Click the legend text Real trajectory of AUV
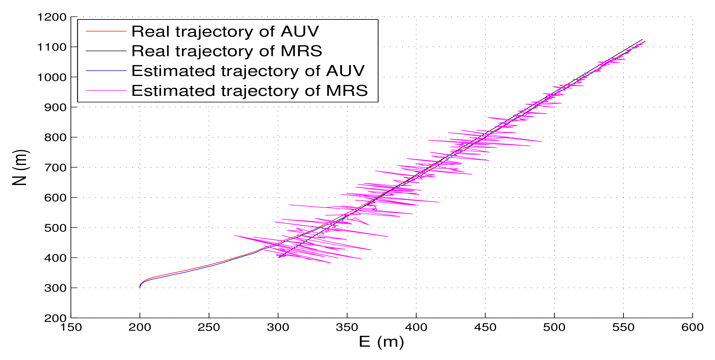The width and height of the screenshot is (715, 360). point(225,31)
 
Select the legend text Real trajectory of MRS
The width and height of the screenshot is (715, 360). point(227,51)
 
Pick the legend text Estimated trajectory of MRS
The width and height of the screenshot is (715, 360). point(249,91)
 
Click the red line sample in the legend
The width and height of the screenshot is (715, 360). point(106,31)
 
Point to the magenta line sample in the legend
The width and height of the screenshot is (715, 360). point(106,91)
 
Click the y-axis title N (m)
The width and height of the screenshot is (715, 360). point(20,167)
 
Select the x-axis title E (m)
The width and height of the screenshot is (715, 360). point(381,341)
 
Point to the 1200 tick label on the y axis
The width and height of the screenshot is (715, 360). point(52,17)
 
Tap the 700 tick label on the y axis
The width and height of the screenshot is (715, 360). point(55,168)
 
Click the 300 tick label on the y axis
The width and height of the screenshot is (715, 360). point(55,288)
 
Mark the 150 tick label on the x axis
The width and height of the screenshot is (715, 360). point(71,328)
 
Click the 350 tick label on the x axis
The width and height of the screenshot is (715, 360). point(347,328)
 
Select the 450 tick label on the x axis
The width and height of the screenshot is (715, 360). point(485,328)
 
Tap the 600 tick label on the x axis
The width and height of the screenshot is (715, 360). point(692,328)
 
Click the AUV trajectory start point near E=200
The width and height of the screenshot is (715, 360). point(140,287)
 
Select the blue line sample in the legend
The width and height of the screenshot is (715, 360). point(106,71)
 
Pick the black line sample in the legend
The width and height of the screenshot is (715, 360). point(106,51)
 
